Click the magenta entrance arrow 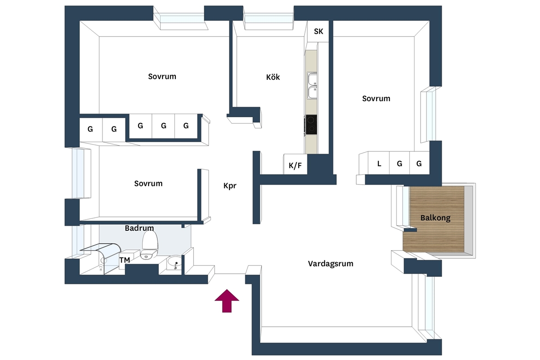tap(227, 301)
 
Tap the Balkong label tap(435, 218)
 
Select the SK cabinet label tap(318, 31)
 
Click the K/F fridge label tap(295, 165)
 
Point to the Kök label tap(273, 77)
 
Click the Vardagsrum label tap(330, 264)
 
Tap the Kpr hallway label tap(230, 186)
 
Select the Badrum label tap(139, 228)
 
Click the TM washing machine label tap(125, 260)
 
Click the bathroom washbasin tap(174, 264)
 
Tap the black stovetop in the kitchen tap(312, 125)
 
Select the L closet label tap(379, 164)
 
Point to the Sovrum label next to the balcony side tap(376, 98)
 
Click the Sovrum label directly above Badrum tap(148, 183)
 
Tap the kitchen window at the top tap(269, 18)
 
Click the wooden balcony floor tap(434, 219)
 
